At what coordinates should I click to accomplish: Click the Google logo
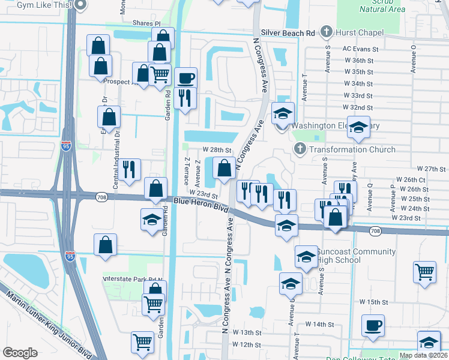[20, 353]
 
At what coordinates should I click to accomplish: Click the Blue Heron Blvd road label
[202, 205]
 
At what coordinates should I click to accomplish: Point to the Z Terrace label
[187, 170]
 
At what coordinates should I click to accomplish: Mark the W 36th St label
[358, 61]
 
